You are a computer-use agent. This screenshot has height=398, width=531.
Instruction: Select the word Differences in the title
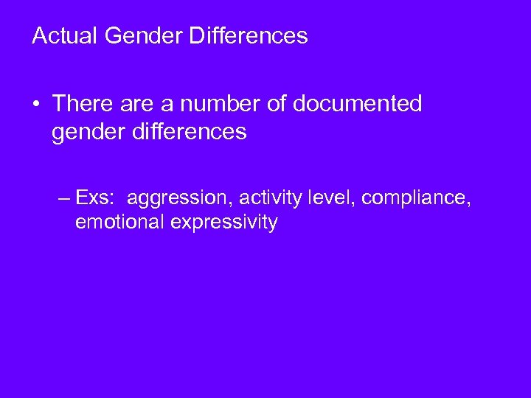click(x=249, y=35)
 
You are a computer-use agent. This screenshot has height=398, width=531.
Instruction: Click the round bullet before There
click(x=36, y=105)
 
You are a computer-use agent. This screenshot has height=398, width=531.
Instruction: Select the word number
click(x=209, y=105)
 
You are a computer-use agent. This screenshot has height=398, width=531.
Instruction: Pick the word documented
click(x=358, y=105)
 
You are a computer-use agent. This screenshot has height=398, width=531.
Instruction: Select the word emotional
click(x=120, y=223)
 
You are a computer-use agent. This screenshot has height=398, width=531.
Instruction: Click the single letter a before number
click(x=160, y=105)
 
